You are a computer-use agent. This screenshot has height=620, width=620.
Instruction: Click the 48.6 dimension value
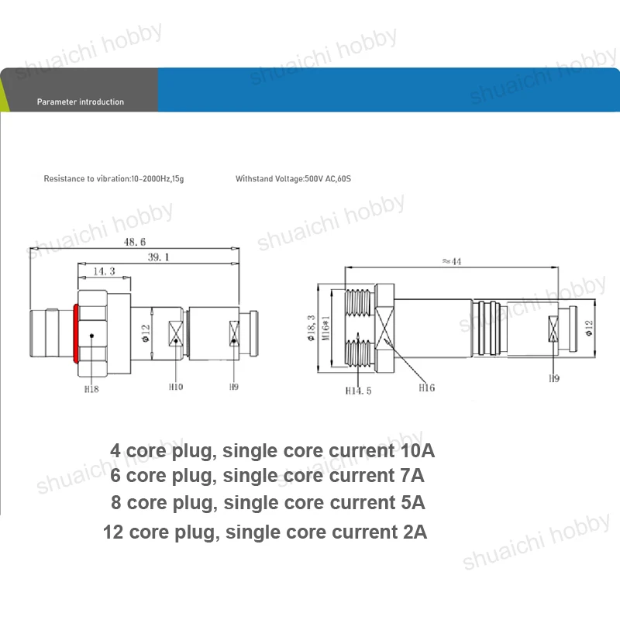(x=135, y=242)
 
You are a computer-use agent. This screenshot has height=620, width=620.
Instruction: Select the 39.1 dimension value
(x=159, y=257)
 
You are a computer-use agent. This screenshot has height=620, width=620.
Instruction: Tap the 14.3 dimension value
(x=104, y=271)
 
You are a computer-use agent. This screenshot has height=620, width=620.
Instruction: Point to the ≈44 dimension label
(x=452, y=261)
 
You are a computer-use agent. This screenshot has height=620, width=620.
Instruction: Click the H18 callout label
(x=91, y=389)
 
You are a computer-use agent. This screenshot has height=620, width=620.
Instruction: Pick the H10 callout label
(x=176, y=387)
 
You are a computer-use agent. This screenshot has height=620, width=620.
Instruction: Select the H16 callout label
(x=427, y=388)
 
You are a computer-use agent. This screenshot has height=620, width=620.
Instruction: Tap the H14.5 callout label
(x=358, y=391)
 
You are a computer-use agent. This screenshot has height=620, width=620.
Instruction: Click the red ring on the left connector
(x=75, y=333)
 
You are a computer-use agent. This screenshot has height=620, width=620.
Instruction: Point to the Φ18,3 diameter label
(x=312, y=328)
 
